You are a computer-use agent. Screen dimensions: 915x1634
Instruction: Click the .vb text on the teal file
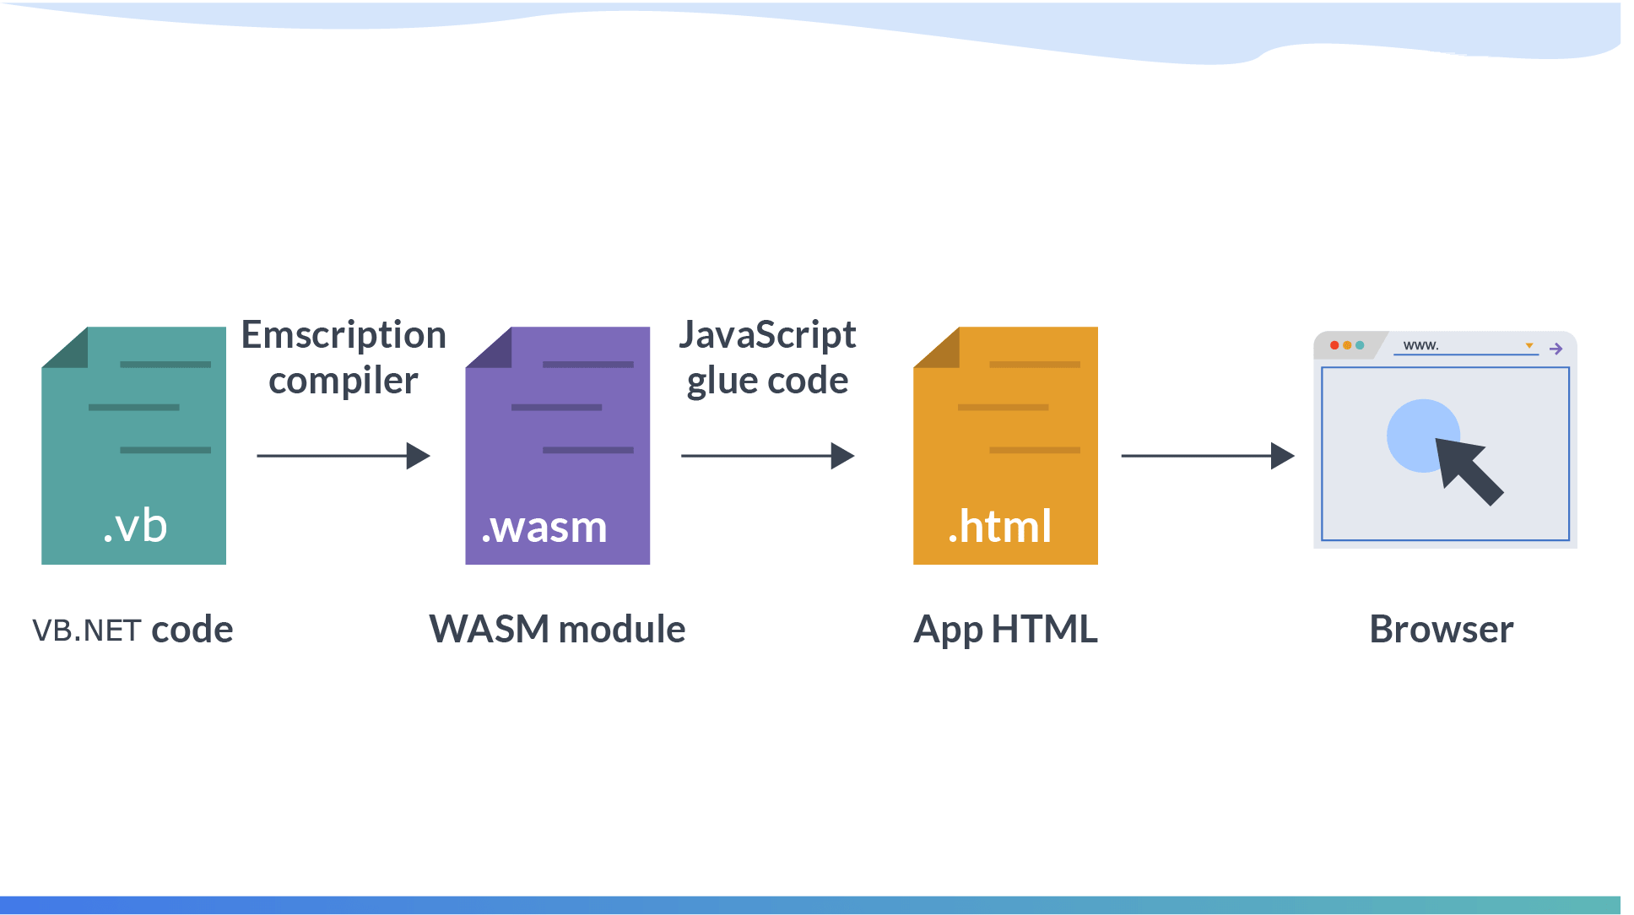pos(135,527)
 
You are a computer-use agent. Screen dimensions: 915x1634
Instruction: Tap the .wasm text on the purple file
pos(544,528)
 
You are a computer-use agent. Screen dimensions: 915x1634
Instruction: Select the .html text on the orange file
pos(1000,527)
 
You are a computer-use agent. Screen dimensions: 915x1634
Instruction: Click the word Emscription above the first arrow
pos(344,335)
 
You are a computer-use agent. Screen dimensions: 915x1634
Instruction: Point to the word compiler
pos(343,381)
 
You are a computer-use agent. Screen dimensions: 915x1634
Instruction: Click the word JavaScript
pos(767,335)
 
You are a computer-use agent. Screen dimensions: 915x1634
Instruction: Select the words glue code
pos(767,381)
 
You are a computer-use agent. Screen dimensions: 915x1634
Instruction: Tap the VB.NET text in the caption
pos(86,631)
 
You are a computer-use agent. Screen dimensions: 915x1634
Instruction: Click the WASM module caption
pos(557,630)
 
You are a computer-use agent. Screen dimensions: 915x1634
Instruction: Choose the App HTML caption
pos(1005,630)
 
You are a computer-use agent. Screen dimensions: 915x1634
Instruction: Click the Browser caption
pos(1442,630)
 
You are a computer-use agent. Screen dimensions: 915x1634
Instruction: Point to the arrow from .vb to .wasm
pos(344,456)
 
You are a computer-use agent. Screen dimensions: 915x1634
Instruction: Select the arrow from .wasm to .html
pos(767,456)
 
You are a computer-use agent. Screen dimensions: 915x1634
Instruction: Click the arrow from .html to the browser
pos(1208,456)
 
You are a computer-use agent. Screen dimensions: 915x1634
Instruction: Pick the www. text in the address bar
pos(1420,345)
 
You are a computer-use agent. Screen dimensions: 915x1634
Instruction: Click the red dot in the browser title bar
pos(1334,345)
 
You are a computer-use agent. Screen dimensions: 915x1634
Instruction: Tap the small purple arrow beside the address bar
pos(1556,349)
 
